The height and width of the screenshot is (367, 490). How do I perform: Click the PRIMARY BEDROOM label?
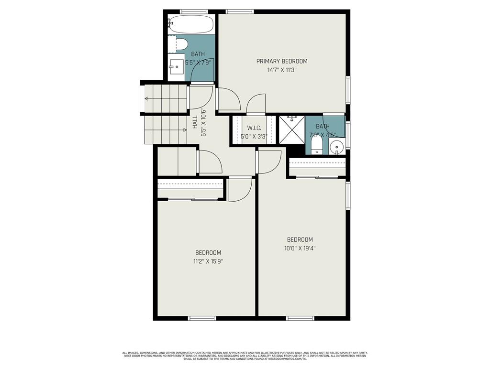(x=282, y=61)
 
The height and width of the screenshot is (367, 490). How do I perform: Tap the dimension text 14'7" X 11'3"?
(x=282, y=70)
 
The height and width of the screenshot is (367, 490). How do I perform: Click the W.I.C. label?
(x=254, y=128)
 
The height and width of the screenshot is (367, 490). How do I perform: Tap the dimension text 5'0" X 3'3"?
(x=254, y=136)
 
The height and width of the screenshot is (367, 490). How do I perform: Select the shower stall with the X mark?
(x=291, y=129)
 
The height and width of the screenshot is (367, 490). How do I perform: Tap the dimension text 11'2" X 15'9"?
(x=208, y=261)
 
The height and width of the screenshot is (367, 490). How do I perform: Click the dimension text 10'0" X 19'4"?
(x=300, y=248)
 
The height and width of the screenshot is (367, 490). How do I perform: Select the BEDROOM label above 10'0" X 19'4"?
(x=300, y=240)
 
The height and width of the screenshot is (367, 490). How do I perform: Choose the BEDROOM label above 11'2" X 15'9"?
(x=208, y=253)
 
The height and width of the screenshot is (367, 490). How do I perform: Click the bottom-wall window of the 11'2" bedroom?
(x=202, y=318)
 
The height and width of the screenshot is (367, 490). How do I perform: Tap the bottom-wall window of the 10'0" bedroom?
(x=300, y=318)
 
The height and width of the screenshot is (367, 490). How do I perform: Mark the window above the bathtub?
(x=194, y=11)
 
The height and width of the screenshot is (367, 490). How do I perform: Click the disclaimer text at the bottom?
(x=245, y=356)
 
